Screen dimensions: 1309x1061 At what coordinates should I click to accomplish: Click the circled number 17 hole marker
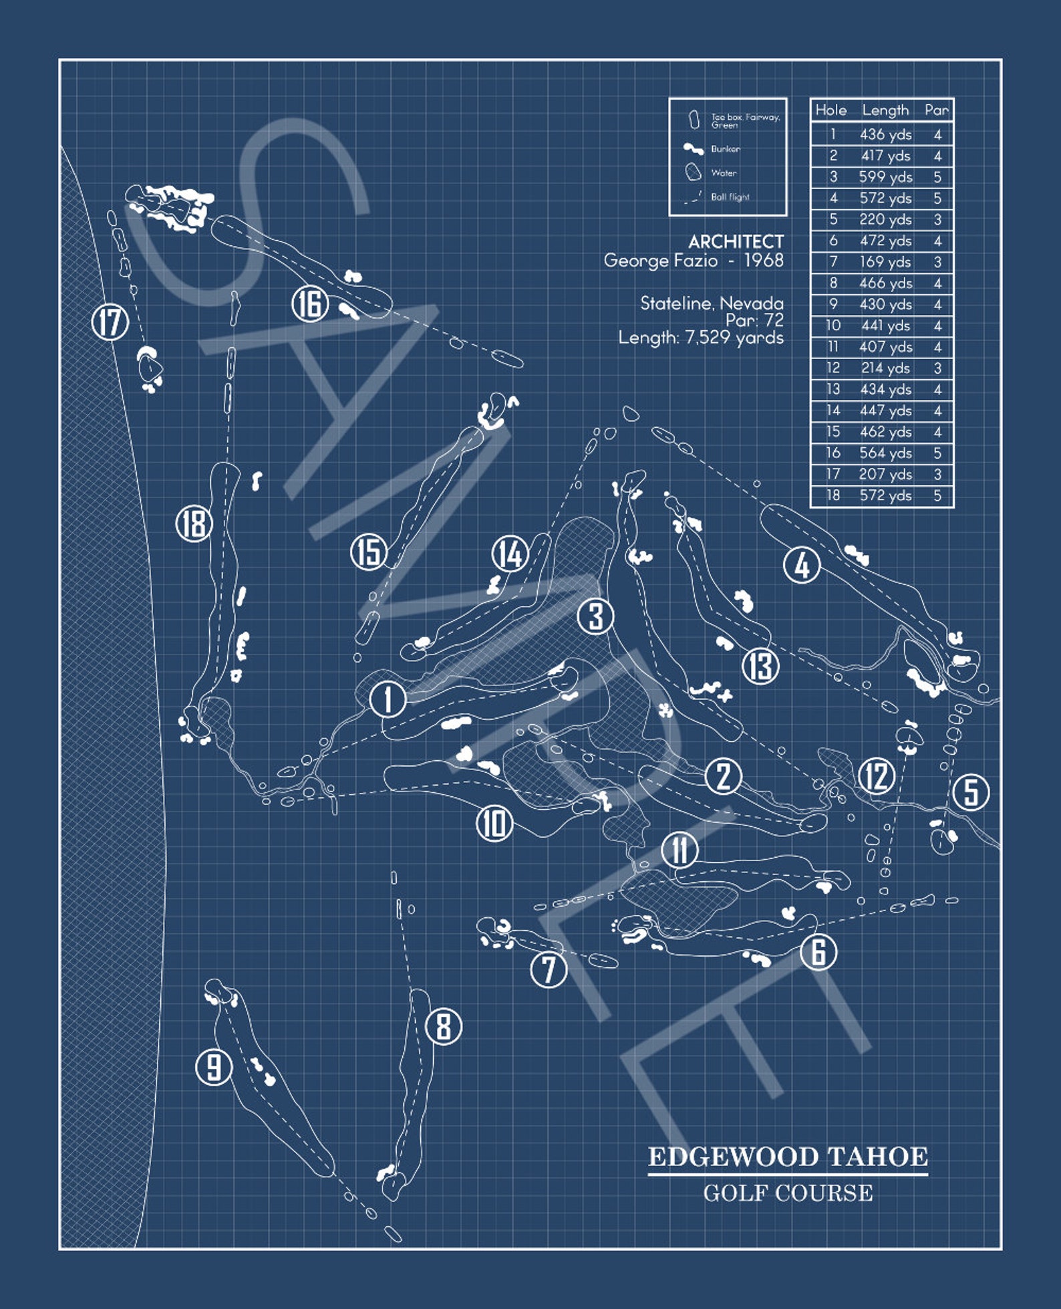coord(110,322)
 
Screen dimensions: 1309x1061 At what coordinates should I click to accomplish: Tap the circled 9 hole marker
coord(214,1066)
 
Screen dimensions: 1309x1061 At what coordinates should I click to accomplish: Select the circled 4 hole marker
coord(802,565)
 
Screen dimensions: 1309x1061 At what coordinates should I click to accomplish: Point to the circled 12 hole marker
coord(877,776)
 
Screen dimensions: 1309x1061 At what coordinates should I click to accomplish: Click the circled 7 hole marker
coord(549,969)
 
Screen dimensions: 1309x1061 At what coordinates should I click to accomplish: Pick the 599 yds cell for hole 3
coord(885,177)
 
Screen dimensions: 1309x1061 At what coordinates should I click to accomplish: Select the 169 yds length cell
coord(885,262)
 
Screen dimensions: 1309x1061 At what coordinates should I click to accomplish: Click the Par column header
coord(937,110)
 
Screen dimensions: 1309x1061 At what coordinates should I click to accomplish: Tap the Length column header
coord(885,110)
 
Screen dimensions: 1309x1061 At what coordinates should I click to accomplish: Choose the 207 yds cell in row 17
coord(885,475)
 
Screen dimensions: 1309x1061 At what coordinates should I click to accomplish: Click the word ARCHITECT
coord(736,241)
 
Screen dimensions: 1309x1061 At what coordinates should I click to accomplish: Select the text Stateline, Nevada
coord(712,304)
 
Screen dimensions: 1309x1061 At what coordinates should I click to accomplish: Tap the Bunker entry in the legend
coord(725,149)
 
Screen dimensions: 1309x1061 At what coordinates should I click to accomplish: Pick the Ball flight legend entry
coord(730,197)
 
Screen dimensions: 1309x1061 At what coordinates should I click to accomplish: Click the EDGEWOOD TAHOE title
coord(788,1157)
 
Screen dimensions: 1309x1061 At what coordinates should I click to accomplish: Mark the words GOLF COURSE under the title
coord(788,1193)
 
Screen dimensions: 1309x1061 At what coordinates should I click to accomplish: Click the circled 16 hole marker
coord(310,304)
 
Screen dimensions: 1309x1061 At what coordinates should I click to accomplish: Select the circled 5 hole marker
coord(971,792)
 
